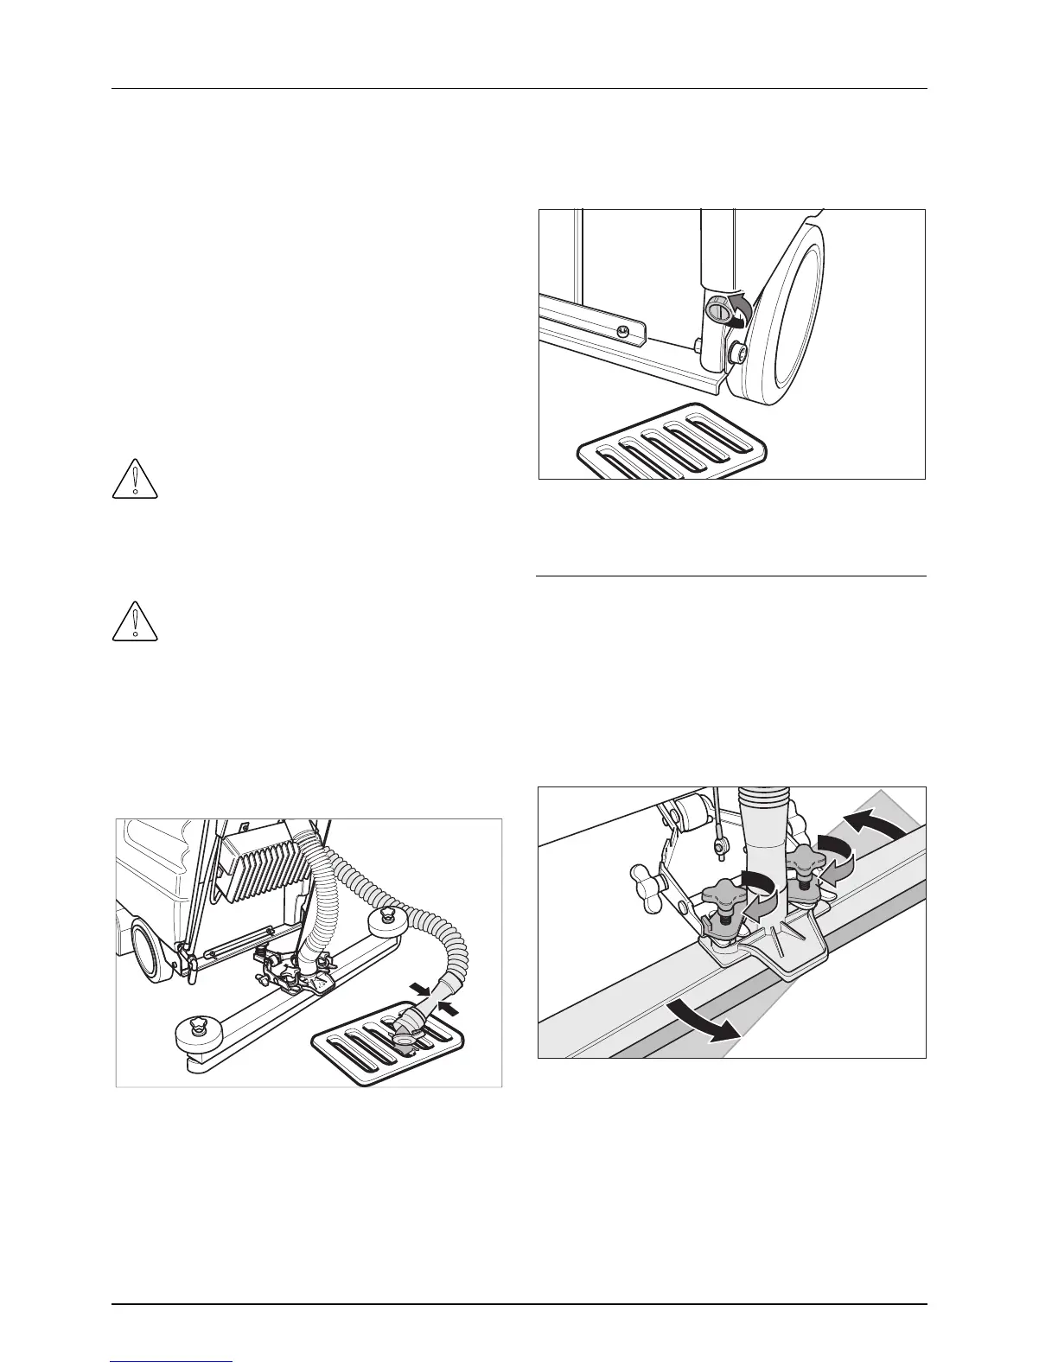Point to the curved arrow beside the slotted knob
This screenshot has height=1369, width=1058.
click(x=737, y=308)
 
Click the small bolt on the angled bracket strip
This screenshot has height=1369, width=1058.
click(x=622, y=331)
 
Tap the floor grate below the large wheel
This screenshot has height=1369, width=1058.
click(x=672, y=445)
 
